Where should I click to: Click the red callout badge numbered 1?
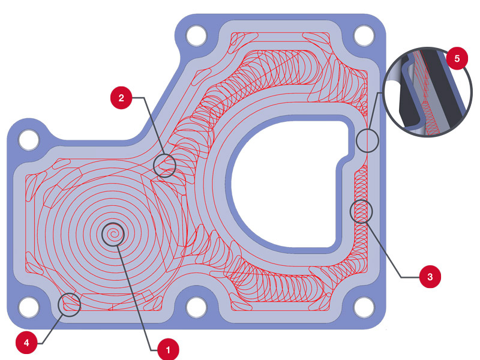point(168,349)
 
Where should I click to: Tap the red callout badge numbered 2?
point(121,98)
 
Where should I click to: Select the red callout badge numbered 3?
point(430,277)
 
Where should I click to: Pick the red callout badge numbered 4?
point(26,343)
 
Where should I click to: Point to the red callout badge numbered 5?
point(457,58)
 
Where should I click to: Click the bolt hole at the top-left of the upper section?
point(196,35)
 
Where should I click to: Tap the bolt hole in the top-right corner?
point(364,35)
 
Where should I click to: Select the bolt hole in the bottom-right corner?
point(364,307)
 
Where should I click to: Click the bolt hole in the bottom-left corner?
point(29,307)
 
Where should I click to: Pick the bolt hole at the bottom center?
point(196,307)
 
